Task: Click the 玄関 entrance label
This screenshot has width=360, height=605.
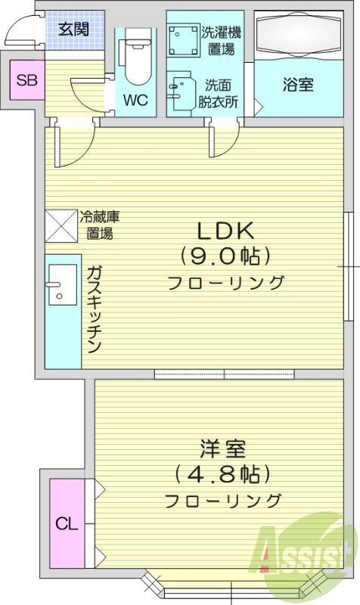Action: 74,29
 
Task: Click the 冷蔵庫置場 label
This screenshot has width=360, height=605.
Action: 100,225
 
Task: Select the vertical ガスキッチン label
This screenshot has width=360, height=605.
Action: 94,310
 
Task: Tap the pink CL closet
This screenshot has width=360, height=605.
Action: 67,523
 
